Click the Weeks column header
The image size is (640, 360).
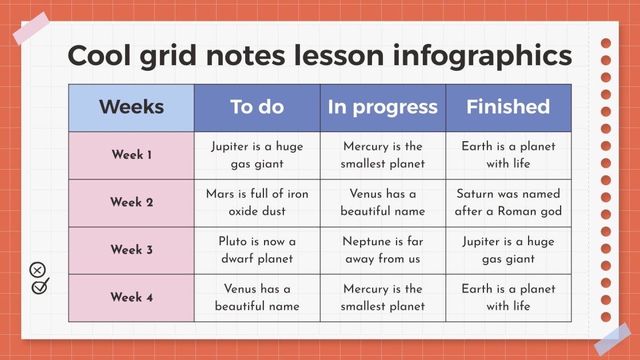[x=131, y=107]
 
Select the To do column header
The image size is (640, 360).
[x=257, y=107]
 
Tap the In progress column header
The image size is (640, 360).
[x=383, y=107]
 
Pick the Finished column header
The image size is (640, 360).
[x=508, y=107]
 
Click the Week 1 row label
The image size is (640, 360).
[x=131, y=155]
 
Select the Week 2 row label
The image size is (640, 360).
[x=131, y=202]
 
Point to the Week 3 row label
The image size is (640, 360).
[x=131, y=250]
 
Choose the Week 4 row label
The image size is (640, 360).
[x=131, y=297]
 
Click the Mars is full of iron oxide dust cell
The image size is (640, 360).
[x=257, y=202]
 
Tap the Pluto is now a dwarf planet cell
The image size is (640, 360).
[x=257, y=250]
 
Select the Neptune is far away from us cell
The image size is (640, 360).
[x=383, y=250]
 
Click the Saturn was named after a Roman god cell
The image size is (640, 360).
[x=508, y=202]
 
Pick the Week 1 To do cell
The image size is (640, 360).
[x=257, y=155]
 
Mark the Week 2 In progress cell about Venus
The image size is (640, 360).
[x=383, y=202]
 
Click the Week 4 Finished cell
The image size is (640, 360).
[x=508, y=297]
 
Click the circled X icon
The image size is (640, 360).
[x=37, y=270]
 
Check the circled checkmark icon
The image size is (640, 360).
[x=40, y=286]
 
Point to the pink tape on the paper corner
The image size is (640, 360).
[x=31, y=29]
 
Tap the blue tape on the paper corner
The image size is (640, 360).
[x=612, y=339]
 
